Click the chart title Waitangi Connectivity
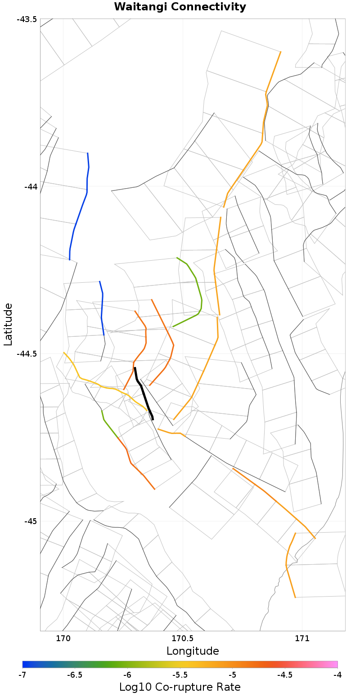point(180,7)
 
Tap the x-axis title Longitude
point(193,651)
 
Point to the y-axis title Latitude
point(8,324)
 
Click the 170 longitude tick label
point(63,638)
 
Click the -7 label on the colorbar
point(22,675)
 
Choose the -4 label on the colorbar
point(337,675)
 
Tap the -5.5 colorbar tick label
point(180,675)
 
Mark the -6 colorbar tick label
point(127,675)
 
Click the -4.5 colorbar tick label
point(285,675)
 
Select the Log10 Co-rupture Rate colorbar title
point(180,688)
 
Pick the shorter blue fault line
point(102,308)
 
